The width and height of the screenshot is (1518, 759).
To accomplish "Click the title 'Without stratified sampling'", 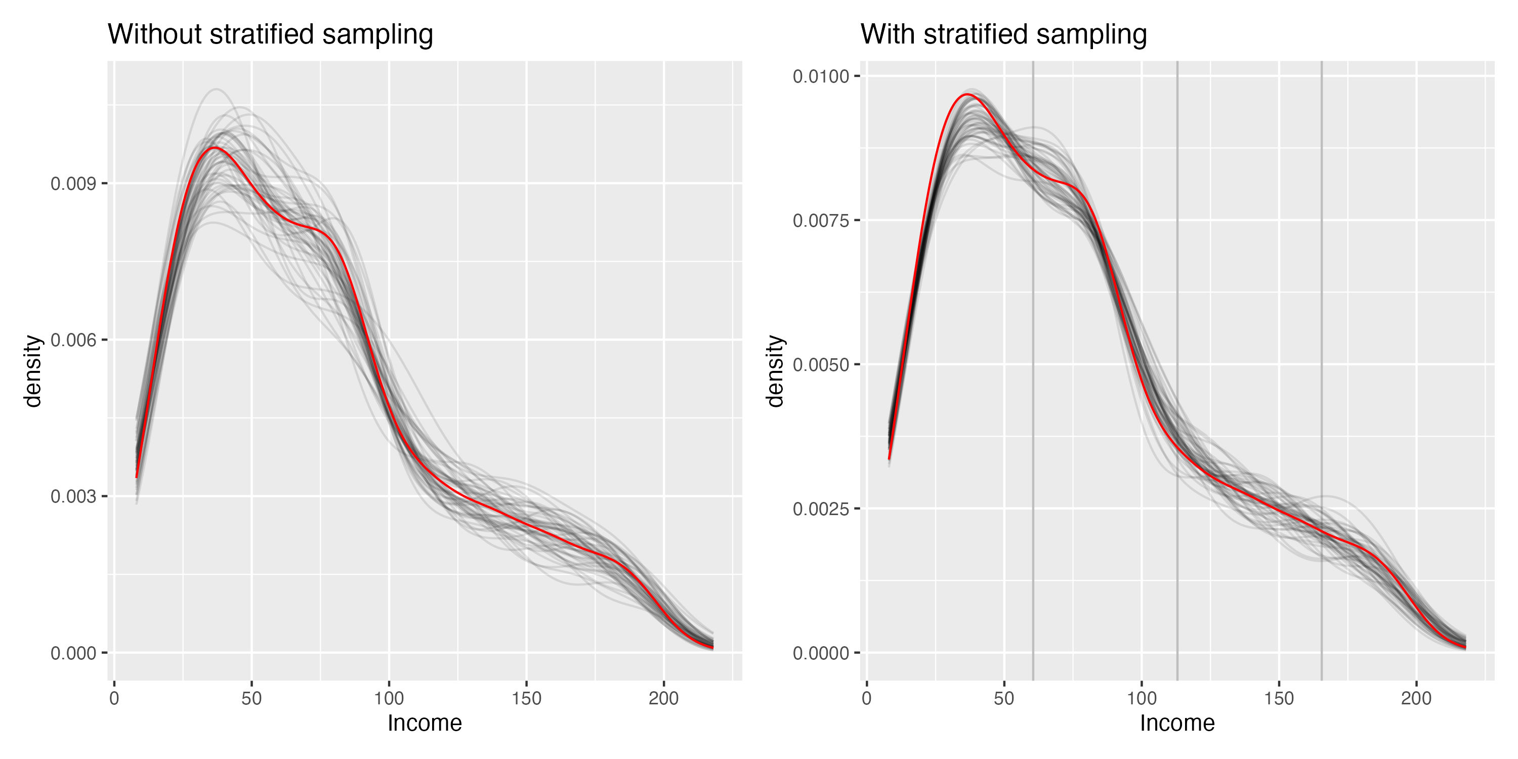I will [270, 34].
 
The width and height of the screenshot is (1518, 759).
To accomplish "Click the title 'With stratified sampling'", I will [1003, 34].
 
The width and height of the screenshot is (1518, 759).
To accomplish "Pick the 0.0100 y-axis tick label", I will [820, 76].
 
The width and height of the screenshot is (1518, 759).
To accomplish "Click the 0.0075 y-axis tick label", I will [820, 221].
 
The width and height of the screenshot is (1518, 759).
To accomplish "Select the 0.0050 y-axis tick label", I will [820, 365].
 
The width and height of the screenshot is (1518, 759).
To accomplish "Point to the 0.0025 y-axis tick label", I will [820, 509].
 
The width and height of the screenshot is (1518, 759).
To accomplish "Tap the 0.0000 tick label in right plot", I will [820, 653].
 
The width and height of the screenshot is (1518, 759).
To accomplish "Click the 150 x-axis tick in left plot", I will [526, 698].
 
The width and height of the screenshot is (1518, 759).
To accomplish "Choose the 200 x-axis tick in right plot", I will [1416, 698].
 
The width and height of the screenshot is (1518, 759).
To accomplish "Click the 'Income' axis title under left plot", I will [425, 723].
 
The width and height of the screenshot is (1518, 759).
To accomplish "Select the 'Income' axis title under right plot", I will [1177, 723].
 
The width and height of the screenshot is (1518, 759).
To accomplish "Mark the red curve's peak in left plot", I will [214, 147].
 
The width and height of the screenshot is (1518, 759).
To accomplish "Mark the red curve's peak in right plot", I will [967, 94].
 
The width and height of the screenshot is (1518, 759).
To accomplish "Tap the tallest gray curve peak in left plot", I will [216, 89].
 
